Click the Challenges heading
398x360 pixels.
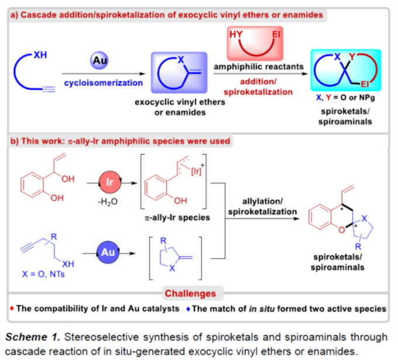(x=199, y=293)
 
